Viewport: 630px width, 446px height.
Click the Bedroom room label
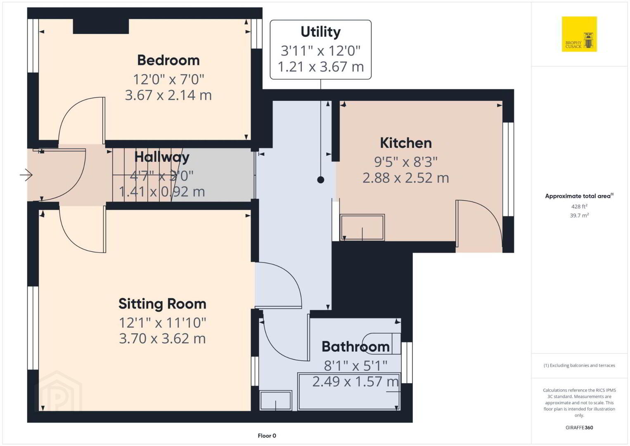[x=168, y=60]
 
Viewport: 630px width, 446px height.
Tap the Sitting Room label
[x=162, y=304]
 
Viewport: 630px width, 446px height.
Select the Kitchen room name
[x=406, y=143]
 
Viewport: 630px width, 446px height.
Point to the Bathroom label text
[x=355, y=346]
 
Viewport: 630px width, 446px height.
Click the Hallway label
[x=162, y=157]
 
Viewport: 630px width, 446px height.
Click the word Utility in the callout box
[x=321, y=32]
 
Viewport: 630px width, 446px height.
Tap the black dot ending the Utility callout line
[x=321, y=180]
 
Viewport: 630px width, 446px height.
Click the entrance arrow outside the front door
[x=26, y=175]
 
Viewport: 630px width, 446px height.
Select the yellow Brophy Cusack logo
[x=579, y=34]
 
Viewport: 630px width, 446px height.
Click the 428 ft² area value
[x=579, y=206]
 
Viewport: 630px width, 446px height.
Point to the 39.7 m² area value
[x=579, y=216]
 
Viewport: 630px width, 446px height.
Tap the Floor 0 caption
[x=267, y=436]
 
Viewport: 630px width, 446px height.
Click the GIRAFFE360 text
[x=579, y=428]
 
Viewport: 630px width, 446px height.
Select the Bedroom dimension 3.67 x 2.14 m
[x=168, y=95]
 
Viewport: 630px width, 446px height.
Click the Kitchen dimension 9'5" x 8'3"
[x=406, y=162]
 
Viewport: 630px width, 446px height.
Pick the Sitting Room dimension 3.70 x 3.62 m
[x=162, y=339]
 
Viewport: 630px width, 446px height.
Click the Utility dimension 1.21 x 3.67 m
[x=321, y=66]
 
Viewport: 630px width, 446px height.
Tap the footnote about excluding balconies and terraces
[x=579, y=365]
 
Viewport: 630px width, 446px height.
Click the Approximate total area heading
[x=579, y=196]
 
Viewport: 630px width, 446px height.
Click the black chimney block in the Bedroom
[x=101, y=26]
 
